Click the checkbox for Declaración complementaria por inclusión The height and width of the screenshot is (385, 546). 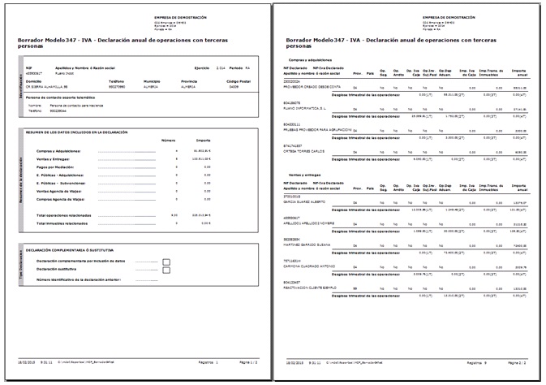point(166,262)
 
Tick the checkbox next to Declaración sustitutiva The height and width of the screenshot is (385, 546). point(166,270)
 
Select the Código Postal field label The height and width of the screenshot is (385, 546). point(239,80)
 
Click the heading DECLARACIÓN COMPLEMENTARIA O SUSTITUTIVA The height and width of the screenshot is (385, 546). point(68,250)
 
